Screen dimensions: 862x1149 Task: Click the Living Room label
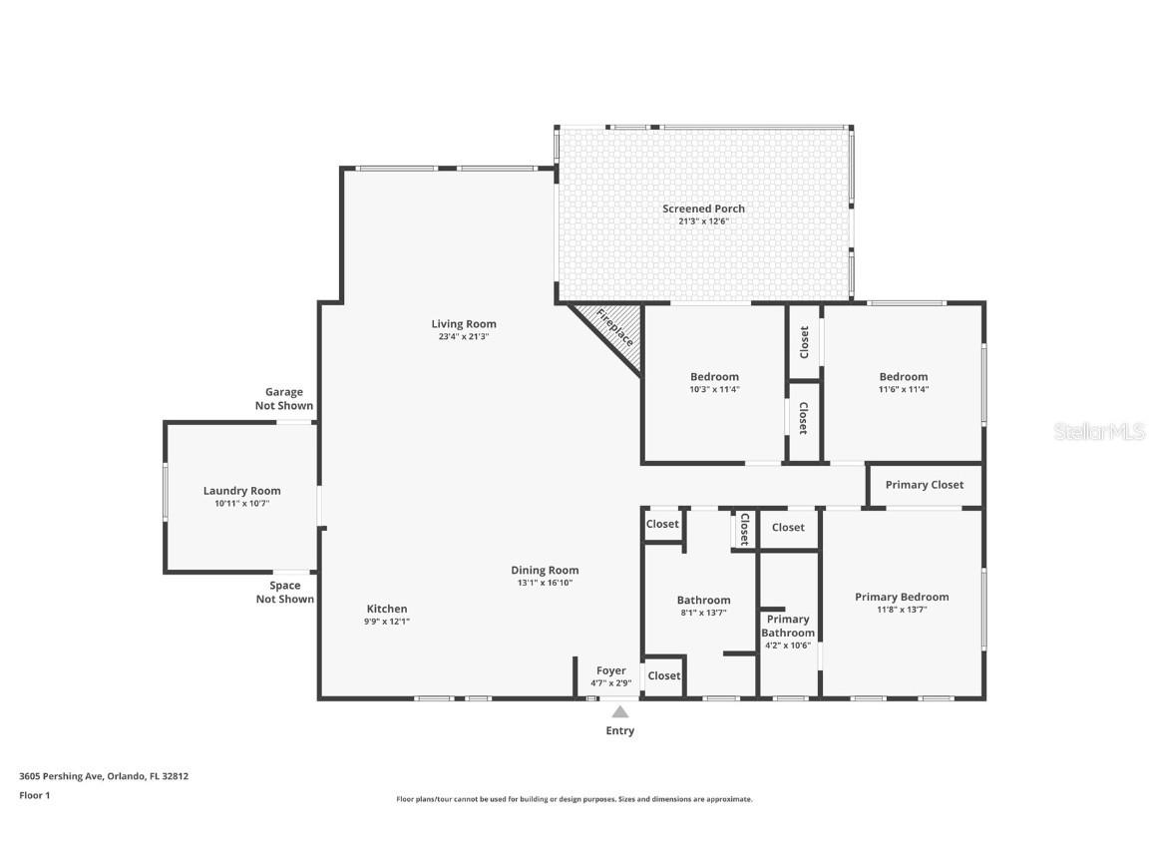click(463, 324)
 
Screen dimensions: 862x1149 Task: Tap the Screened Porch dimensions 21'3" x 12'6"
click(703, 221)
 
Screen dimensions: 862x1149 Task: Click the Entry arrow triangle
click(620, 712)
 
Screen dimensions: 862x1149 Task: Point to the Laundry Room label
click(241, 491)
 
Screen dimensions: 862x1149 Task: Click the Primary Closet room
click(925, 485)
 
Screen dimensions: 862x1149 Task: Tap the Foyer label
click(611, 670)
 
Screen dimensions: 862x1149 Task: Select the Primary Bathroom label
click(788, 626)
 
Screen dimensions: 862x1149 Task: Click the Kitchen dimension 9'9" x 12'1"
click(387, 622)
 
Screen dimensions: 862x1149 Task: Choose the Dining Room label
click(545, 571)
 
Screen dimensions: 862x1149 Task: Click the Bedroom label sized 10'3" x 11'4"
click(714, 377)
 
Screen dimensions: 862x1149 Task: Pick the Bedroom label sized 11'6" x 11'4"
click(904, 377)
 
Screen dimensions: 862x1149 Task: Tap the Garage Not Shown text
click(284, 399)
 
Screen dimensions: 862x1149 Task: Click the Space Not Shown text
click(284, 593)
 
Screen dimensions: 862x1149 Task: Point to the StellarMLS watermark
click(1100, 431)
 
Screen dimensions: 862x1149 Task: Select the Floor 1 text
click(34, 795)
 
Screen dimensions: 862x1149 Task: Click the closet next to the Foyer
click(663, 675)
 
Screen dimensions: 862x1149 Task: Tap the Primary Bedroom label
click(902, 597)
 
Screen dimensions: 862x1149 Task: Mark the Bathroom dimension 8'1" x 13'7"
click(703, 613)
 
